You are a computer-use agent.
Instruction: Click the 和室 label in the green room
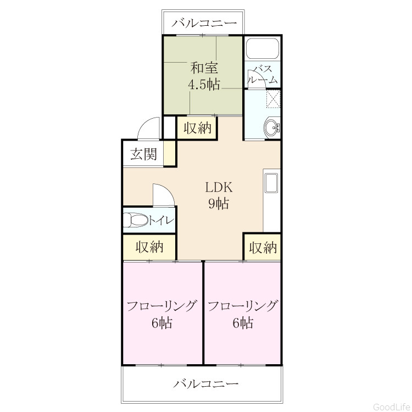click(204, 68)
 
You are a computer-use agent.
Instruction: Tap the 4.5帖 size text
click(204, 85)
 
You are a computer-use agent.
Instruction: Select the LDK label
click(219, 188)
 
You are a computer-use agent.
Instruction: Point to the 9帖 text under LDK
click(219, 204)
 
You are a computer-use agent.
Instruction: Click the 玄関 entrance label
click(144, 154)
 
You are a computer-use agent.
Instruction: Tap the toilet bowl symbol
click(135, 220)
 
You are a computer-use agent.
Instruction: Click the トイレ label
click(162, 220)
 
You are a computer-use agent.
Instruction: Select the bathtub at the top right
click(263, 48)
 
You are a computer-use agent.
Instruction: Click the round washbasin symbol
click(272, 128)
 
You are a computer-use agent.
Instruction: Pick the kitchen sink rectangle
click(271, 183)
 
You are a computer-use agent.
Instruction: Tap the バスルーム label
click(263, 75)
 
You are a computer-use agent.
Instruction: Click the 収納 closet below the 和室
click(197, 128)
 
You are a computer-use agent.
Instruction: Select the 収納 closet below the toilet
click(149, 247)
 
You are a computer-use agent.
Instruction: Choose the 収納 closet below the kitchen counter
click(263, 248)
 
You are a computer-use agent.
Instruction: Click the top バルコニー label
click(204, 24)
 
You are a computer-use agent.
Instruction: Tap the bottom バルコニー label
click(206, 384)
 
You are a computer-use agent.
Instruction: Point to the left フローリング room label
click(162, 307)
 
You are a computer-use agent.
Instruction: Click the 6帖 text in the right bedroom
click(243, 323)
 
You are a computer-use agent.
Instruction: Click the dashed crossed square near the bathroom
click(273, 99)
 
